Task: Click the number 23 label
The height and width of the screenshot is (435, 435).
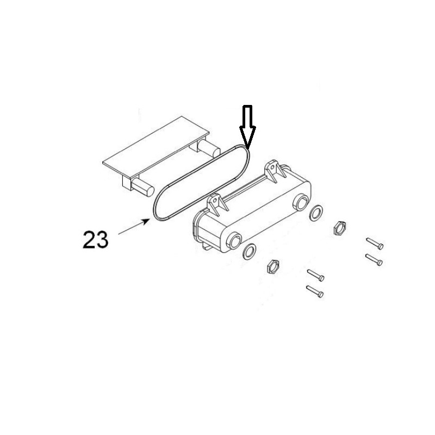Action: click(95, 239)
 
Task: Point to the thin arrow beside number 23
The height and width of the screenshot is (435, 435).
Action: click(133, 227)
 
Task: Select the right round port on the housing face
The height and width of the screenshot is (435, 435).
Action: click(301, 203)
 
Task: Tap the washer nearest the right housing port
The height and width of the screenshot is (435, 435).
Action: click(315, 213)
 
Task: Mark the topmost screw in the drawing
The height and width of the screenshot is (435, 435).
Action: click(375, 244)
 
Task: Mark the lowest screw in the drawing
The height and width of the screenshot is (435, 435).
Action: click(315, 291)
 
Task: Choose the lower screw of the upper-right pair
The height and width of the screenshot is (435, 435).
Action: click(374, 259)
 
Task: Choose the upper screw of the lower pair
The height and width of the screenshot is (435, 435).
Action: click(315, 275)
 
